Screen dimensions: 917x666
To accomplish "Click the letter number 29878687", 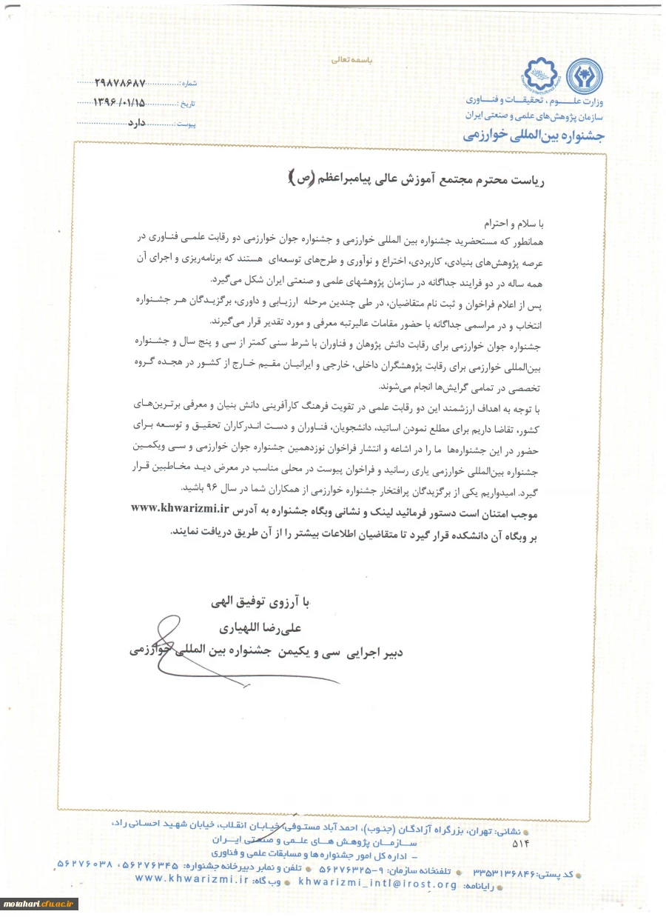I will (x=121, y=83).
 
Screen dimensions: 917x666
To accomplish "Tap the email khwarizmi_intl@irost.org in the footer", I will (x=378, y=884).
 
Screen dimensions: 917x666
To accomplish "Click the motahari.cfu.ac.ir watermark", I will (x=38, y=904).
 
